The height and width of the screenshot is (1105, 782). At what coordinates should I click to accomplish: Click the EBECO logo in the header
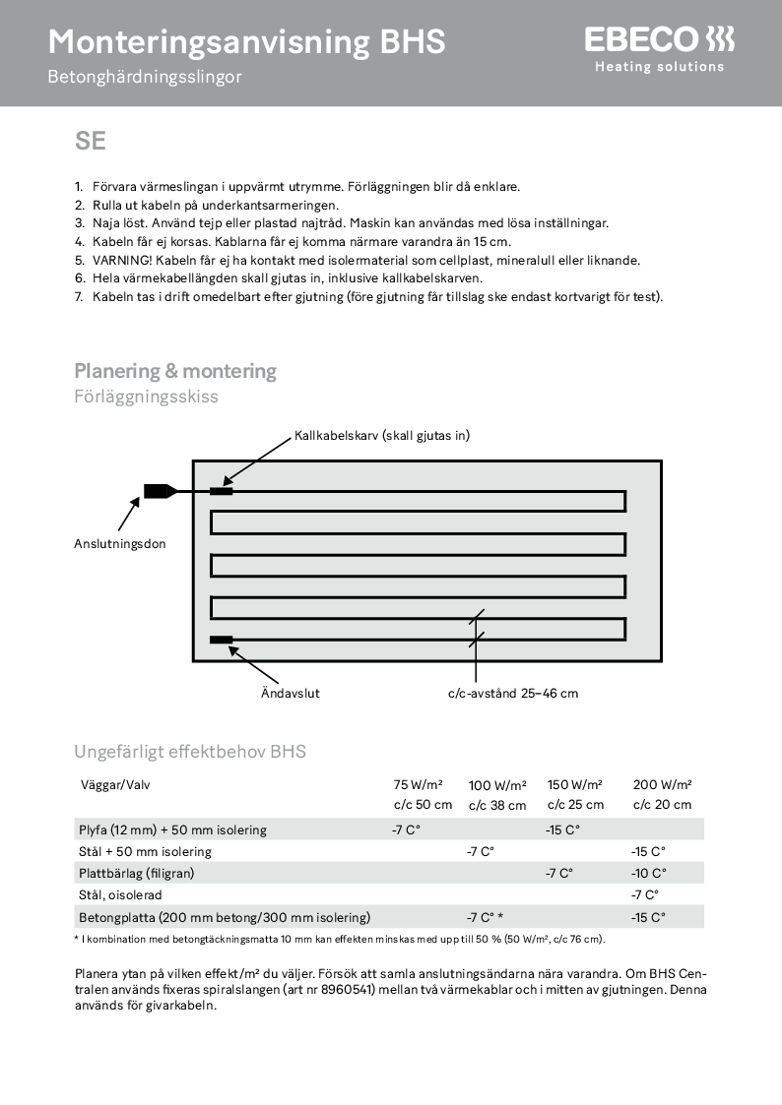pyautogui.click(x=659, y=41)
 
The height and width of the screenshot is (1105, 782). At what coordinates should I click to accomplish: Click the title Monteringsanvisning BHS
pyautogui.click(x=246, y=41)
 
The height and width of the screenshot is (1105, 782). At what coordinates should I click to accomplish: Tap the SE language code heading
pyautogui.click(x=90, y=141)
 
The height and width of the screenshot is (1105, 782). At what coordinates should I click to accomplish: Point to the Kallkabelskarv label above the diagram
pyautogui.click(x=382, y=435)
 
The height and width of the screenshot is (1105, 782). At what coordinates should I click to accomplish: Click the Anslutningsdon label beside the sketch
pyautogui.click(x=120, y=543)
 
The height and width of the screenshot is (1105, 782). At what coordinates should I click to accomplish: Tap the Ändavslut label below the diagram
pyautogui.click(x=291, y=693)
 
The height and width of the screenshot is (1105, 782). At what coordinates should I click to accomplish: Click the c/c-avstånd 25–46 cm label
pyautogui.click(x=513, y=693)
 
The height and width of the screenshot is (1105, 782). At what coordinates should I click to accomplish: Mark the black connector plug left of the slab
pyautogui.click(x=158, y=490)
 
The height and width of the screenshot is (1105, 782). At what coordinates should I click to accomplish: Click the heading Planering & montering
pyautogui.click(x=175, y=371)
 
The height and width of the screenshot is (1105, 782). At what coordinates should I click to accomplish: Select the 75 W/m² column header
pyautogui.click(x=418, y=784)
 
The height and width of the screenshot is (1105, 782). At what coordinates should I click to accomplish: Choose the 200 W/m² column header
pyautogui.click(x=662, y=784)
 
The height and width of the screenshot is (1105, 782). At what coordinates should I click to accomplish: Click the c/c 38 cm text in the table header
pyautogui.click(x=497, y=805)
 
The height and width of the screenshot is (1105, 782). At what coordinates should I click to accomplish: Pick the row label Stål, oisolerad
pyautogui.click(x=120, y=895)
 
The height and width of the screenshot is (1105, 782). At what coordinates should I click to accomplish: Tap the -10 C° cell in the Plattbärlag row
pyautogui.click(x=648, y=873)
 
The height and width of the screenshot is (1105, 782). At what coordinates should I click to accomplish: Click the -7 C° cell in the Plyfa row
pyautogui.click(x=406, y=829)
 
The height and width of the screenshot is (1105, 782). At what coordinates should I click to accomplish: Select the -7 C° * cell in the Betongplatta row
pyautogui.click(x=485, y=917)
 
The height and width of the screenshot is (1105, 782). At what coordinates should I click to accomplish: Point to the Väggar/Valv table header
pyautogui.click(x=114, y=784)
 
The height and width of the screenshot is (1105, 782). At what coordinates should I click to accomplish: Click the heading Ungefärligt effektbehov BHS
pyautogui.click(x=190, y=752)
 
